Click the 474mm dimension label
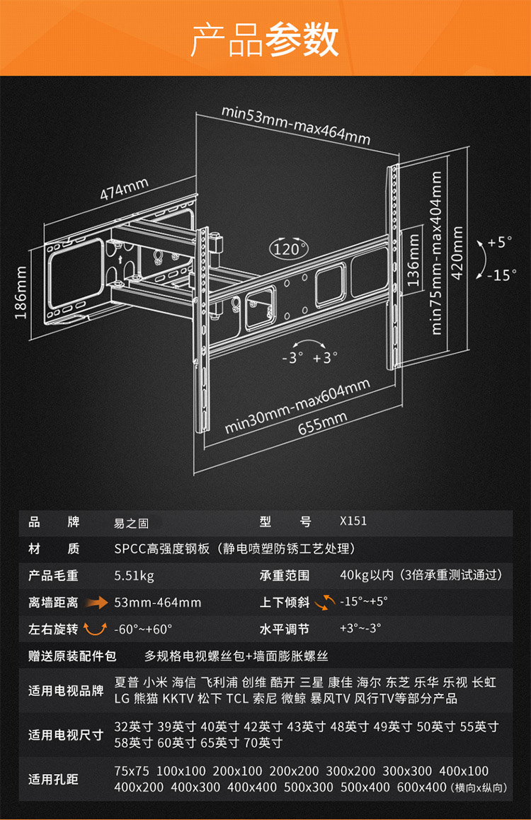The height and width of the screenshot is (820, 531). click(124, 189)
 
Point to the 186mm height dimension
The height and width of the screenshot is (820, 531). click(21, 291)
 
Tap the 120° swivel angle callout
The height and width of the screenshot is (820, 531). click(289, 249)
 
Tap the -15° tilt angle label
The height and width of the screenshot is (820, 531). click(501, 275)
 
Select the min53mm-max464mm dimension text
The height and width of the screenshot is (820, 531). click(296, 125)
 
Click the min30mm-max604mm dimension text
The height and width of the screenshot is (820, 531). click(298, 407)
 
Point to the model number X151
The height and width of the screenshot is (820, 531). click(353, 522)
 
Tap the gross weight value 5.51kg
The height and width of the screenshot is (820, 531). click(134, 575)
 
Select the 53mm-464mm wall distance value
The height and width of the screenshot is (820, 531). click(158, 603)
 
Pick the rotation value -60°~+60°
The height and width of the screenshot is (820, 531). click(144, 628)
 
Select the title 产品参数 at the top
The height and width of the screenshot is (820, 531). click(265, 40)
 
